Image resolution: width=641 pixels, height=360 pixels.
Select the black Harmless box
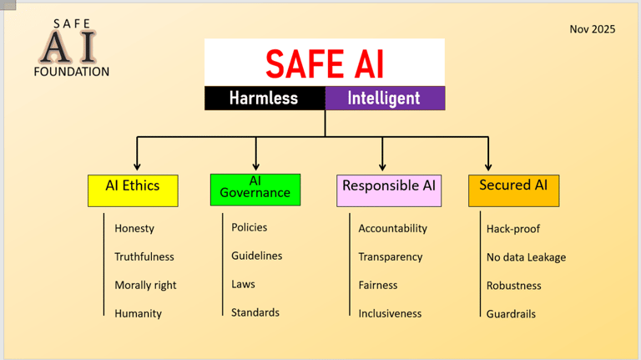pyautogui.click(x=264, y=98)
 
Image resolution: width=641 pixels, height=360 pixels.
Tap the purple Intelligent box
pyautogui.click(x=384, y=98)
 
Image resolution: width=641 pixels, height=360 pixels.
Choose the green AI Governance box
pyautogui.click(x=255, y=189)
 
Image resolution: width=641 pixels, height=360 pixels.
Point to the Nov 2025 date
pyautogui.click(x=593, y=29)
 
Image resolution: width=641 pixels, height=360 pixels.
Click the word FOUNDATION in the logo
pyautogui.click(x=71, y=72)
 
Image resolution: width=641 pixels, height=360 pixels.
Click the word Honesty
pyautogui.click(x=134, y=228)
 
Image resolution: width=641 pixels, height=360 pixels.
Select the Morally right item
pyautogui.click(x=145, y=285)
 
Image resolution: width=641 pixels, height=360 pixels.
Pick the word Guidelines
pyautogui.click(x=257, y=256)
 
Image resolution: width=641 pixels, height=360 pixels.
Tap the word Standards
pyautogui.click(x=255, y=312)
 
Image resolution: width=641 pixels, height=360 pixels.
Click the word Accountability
pyautogui.click(x=392, y=228)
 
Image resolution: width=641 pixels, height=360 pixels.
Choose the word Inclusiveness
pyautogui.click(x=390, y=313)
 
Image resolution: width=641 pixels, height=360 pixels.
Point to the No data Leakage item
pyautogui.click(x=526, y=256)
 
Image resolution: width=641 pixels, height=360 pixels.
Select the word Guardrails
pyautogui.click(x=511, y=314)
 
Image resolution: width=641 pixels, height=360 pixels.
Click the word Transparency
pyautogui.click(x=391, y=256)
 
